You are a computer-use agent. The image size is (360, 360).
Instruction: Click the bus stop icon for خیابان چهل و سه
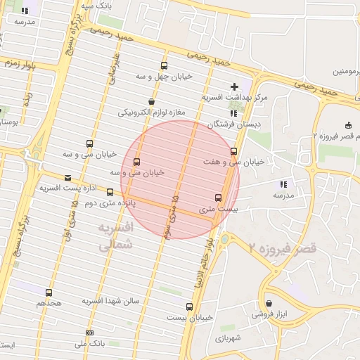165,65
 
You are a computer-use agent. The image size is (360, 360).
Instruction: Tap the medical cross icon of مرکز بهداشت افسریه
235,86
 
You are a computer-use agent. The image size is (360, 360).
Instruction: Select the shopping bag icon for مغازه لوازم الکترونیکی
151,102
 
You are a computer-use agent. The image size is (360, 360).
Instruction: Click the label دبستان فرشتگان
233,124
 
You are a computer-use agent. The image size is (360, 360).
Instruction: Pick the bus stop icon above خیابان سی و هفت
233,151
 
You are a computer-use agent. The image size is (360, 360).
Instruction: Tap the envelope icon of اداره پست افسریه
67,178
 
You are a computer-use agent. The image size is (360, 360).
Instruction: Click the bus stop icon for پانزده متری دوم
110,192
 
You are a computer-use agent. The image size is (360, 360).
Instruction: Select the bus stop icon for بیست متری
217,198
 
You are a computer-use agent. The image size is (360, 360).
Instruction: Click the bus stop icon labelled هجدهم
49,292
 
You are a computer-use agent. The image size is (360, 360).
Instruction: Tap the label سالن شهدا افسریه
111,301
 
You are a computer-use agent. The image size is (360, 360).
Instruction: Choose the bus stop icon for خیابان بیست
189,307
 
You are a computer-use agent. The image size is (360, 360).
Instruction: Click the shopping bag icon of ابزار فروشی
269,304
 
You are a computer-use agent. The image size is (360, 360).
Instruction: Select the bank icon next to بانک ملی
89,333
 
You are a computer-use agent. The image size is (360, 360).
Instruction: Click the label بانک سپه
96,6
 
